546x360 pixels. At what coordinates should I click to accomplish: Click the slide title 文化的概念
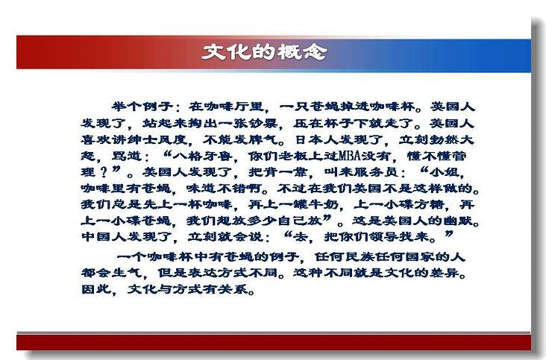click(264, 52)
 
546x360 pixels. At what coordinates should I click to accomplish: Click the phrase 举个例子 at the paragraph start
click(142, 107)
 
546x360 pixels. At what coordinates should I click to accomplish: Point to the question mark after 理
click(103, 172)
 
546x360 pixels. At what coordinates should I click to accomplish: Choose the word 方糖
click(430, 204)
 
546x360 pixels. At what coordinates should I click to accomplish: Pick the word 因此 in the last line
click(96, 288)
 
